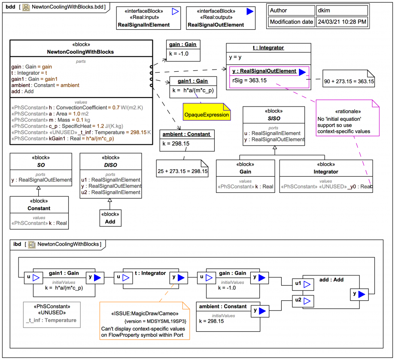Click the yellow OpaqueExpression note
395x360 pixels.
206,115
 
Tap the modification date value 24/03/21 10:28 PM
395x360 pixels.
342,21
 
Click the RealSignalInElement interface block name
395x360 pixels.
143,25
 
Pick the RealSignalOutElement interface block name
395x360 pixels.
215,25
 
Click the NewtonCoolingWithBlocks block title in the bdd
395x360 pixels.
80,52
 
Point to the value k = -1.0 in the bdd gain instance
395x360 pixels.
179,54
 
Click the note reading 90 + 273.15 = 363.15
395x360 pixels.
349,81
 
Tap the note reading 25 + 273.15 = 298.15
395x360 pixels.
182,171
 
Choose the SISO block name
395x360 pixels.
274,118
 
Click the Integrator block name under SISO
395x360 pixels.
325,171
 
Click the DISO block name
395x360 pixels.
110,165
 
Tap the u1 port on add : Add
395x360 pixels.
298,284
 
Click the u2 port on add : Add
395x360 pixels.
298,300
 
